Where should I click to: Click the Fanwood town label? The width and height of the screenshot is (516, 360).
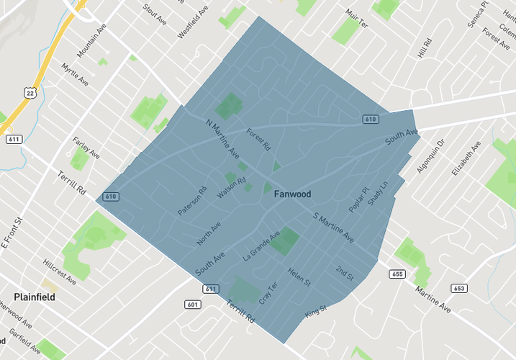(292, 194)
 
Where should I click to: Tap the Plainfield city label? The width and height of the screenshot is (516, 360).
(35, 297)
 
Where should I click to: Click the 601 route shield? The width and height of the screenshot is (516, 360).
(192, 305)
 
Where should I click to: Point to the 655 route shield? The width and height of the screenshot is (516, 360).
(397, 274)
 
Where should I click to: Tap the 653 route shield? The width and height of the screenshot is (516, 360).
(458, 289)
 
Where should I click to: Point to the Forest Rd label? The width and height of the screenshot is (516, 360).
(258, 139)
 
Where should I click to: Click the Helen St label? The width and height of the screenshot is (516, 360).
(299, 276)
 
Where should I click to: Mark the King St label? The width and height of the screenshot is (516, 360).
(316, 312)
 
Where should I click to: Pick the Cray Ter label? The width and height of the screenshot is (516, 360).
(268, 292)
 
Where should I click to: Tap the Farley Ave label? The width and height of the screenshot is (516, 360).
(86, 145)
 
